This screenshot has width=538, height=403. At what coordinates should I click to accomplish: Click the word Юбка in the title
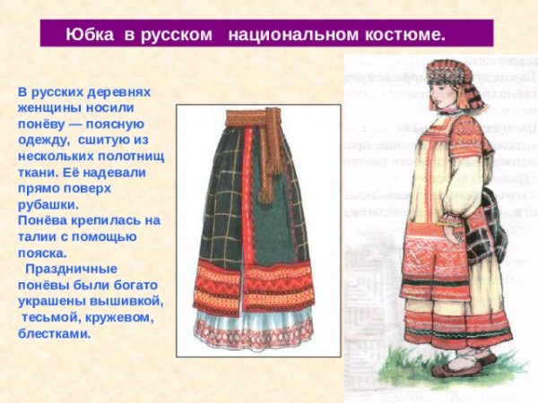pyautogui.click(x=89, y=35)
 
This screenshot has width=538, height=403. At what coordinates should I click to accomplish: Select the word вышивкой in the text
pyautogui.click(x=130, y=300)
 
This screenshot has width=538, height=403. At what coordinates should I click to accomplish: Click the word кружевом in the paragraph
pyautogui.click(x=114, y=317)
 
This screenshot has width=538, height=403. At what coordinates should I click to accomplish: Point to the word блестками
pyautogui.click(x=55, y=333)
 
